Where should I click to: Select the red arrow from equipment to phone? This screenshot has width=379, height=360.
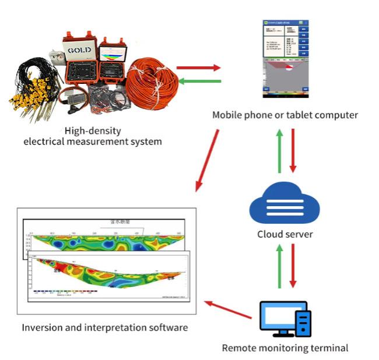click(199, 68)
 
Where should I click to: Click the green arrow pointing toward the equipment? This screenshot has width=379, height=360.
click(199, 81)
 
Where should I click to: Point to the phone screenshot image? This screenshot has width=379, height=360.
click(285, 58)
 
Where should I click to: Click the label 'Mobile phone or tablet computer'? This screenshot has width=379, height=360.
click(285, 115)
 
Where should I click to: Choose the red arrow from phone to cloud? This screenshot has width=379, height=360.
click(293, 150)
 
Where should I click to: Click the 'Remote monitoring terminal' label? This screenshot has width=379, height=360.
click(285, 348)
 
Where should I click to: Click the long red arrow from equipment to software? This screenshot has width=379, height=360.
click(208, 160)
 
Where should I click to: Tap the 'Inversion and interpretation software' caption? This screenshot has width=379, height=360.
click(105, 327)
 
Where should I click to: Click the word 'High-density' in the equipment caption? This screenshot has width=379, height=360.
click(89, 130)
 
